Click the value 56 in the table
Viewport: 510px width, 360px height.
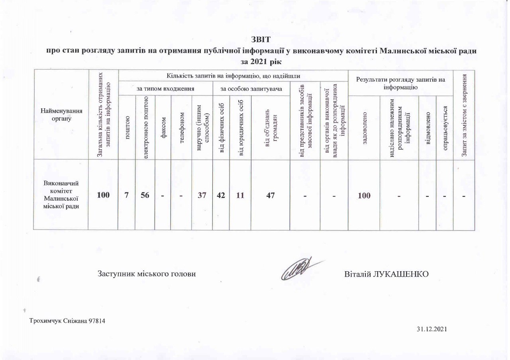click(x=145, y=196)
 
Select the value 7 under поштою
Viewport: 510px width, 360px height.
click(x=127, y=196)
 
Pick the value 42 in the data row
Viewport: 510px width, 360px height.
click(x=222, y=196)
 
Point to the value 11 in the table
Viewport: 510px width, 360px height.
click(x=242, y=196)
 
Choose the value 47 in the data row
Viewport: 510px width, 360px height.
click(x=270, y=196)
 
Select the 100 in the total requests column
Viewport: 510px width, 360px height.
click(x=103, y=196)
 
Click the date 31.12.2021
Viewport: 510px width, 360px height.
click(x=432, y=329)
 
